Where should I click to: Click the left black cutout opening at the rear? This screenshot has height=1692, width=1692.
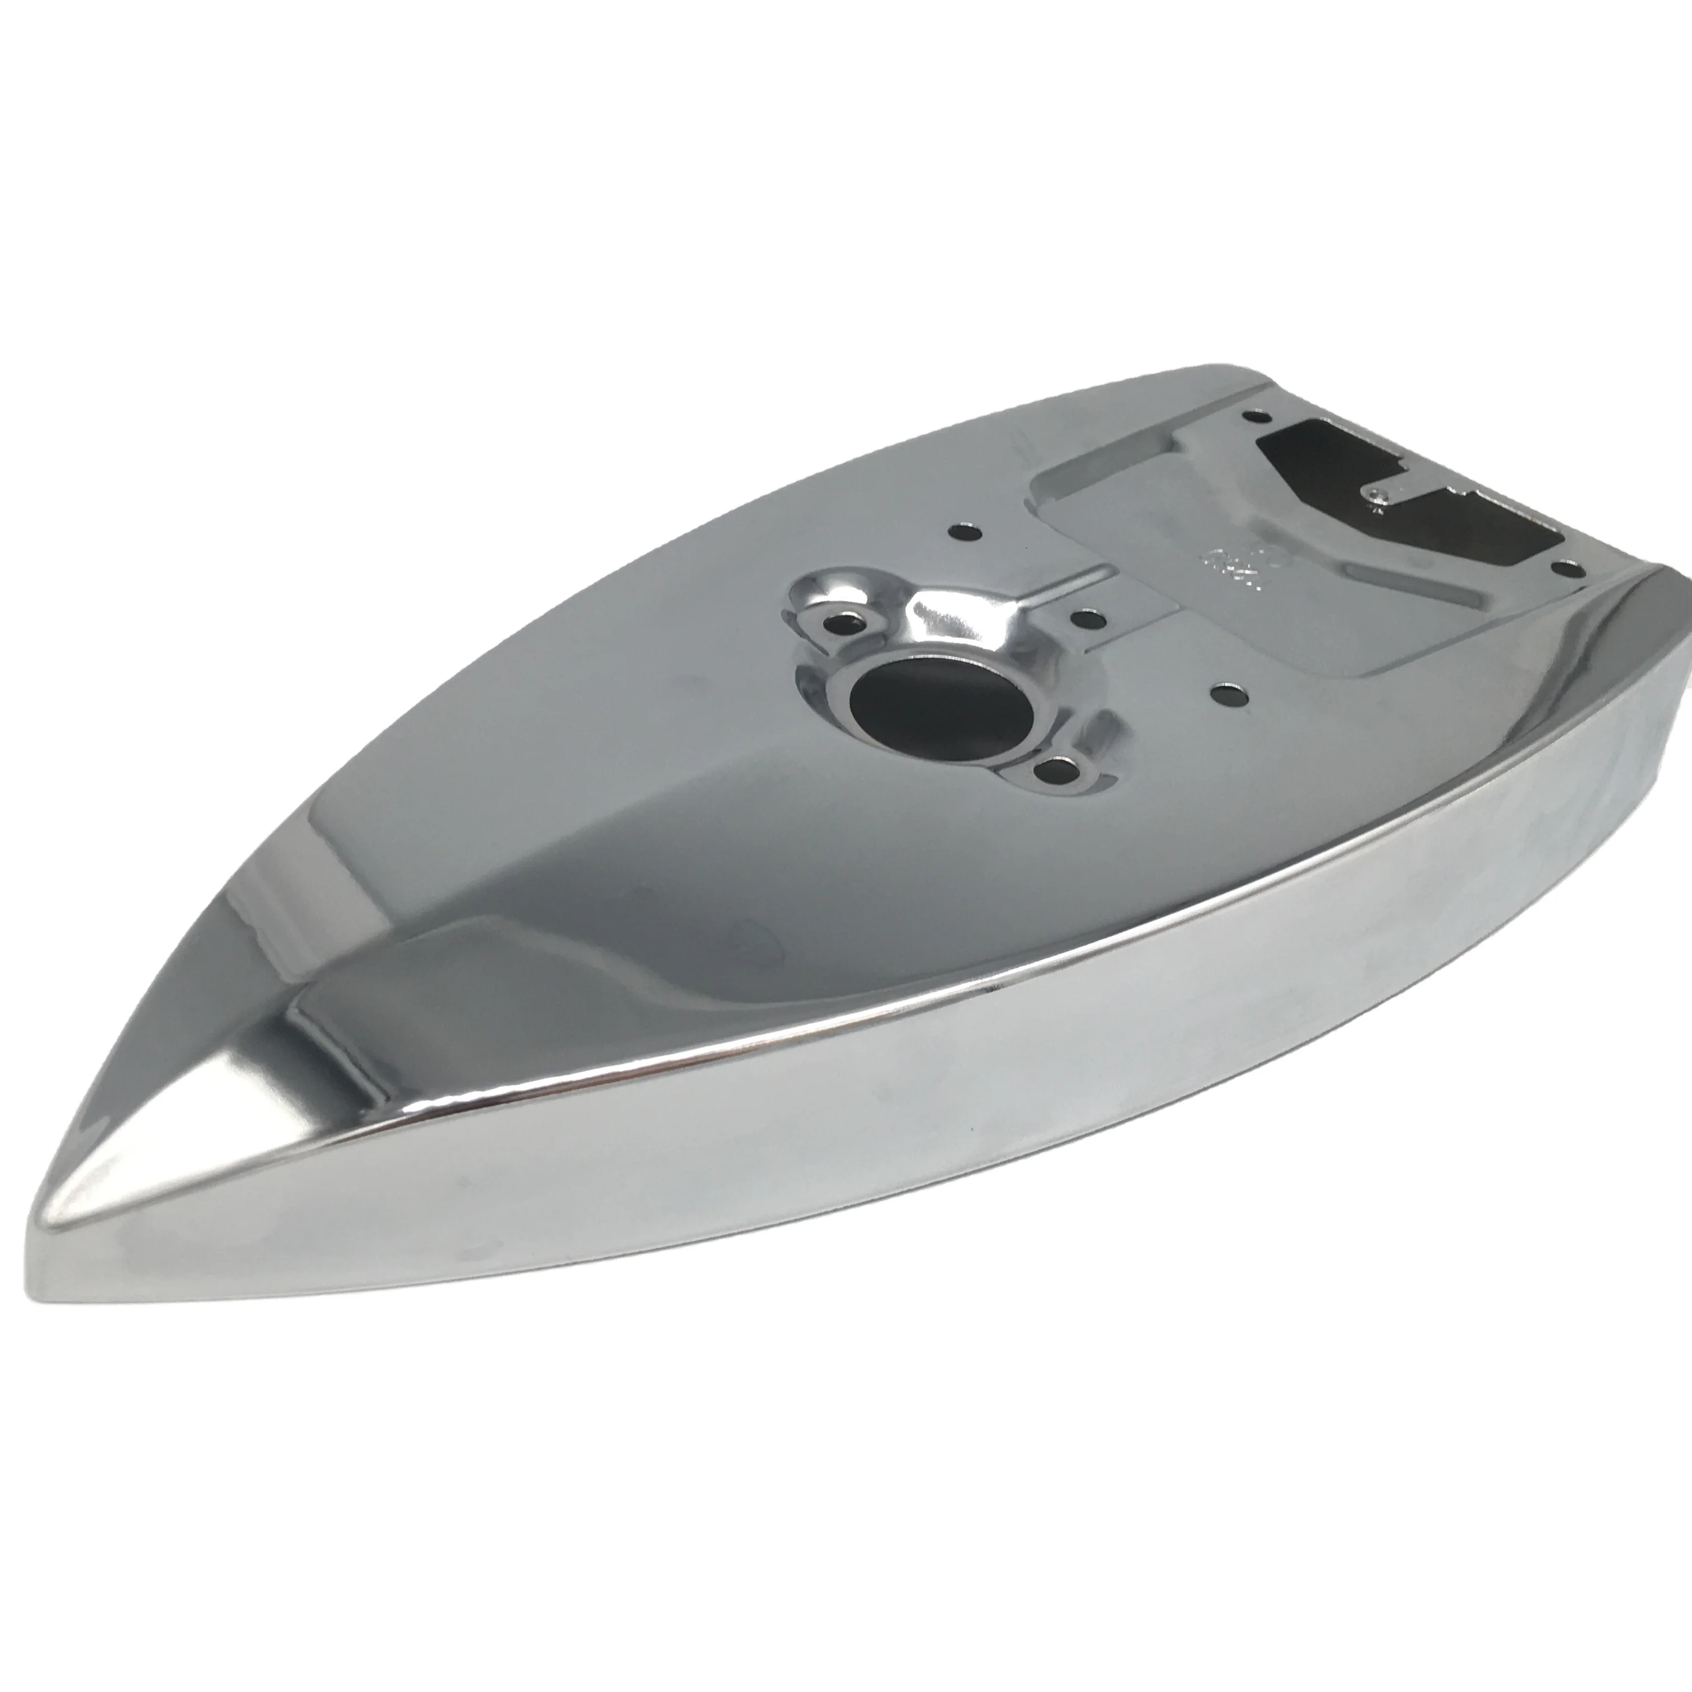point(1314,455)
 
